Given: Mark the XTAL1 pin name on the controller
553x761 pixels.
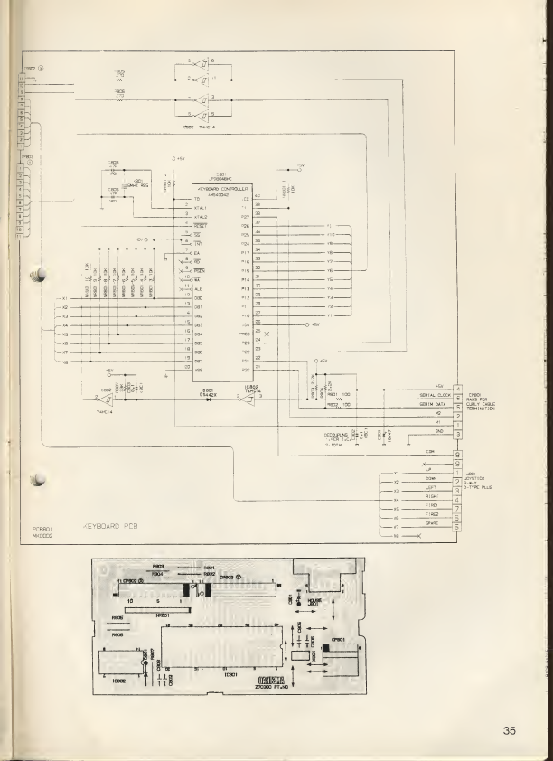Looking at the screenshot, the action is [x=201, y=208].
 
